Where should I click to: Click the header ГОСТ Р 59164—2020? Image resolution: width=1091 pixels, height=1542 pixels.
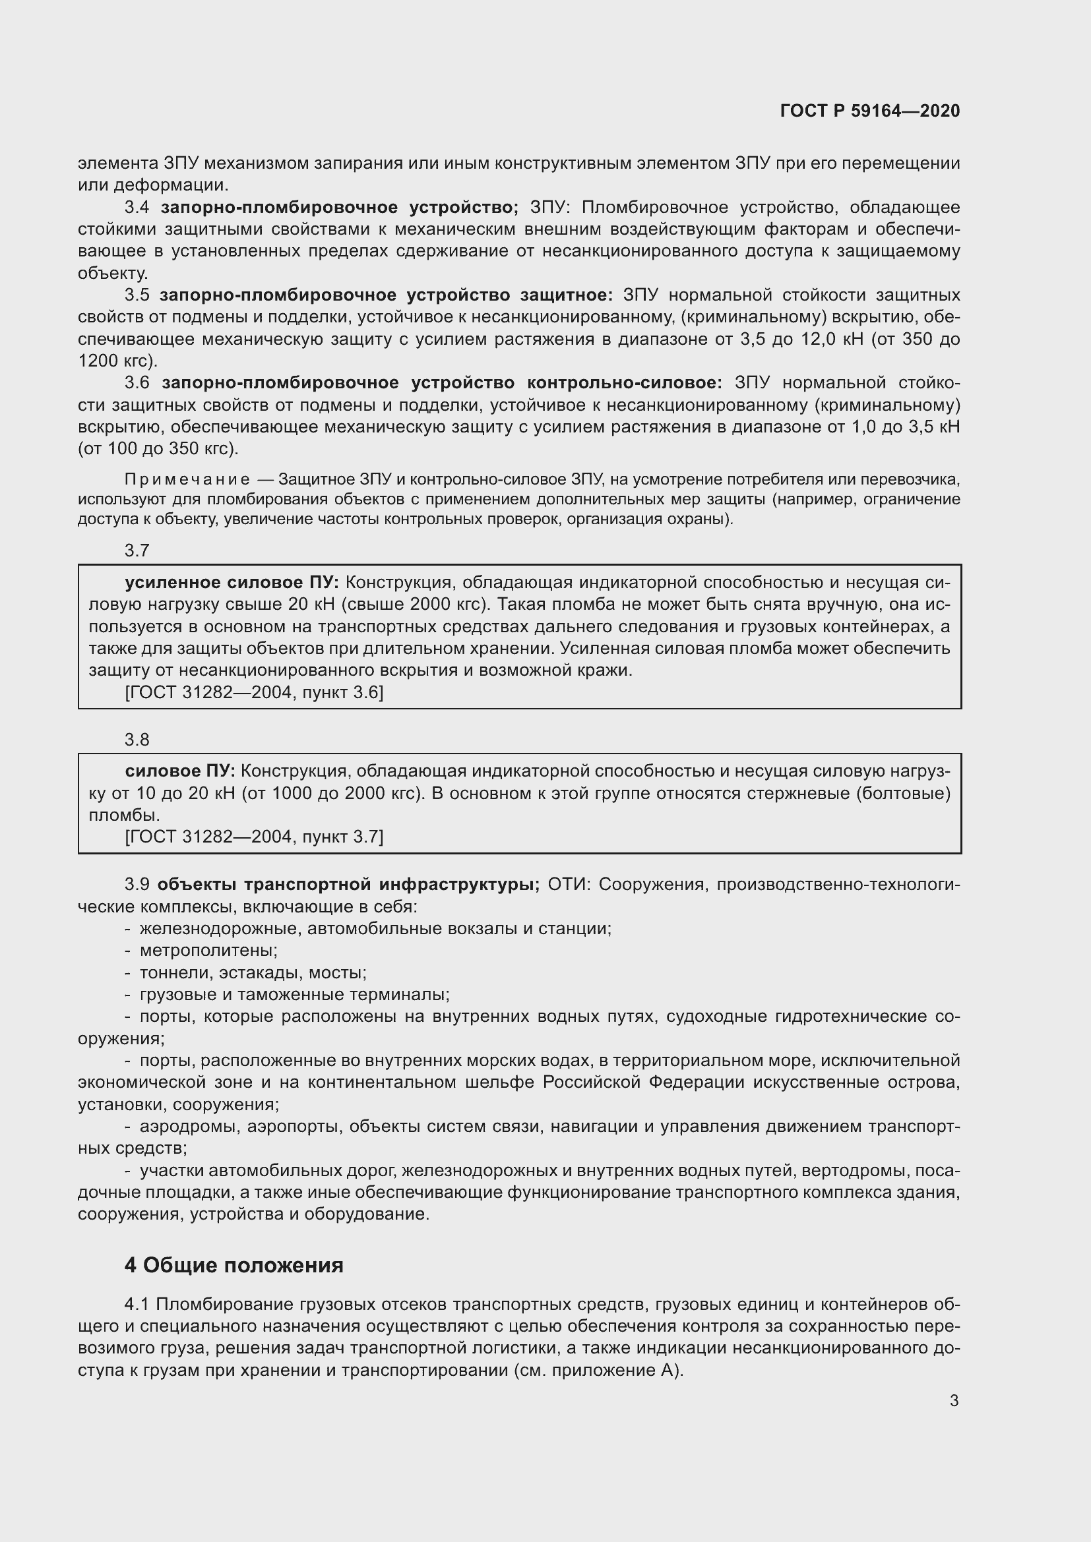[869, 111]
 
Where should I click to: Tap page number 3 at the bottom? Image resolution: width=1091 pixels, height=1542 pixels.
[954, 1400]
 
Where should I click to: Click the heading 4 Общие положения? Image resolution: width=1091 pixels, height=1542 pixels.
[234, 1264]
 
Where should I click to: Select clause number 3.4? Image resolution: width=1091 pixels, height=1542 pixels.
[137, 207]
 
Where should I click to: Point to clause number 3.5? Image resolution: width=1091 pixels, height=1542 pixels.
[137, 295]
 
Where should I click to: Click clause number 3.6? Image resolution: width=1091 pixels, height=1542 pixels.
[137, 383]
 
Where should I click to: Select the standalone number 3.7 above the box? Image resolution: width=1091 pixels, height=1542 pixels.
[137, 550]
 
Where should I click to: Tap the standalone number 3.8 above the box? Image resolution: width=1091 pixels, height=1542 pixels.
[137, 740]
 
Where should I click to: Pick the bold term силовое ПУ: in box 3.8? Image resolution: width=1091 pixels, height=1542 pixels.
[180, 771]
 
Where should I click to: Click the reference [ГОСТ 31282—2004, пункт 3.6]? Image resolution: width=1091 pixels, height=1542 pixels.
[254, 692]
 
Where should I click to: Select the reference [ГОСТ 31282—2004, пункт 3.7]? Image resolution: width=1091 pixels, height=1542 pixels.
[254, 836]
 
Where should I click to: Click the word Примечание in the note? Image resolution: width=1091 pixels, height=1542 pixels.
[187, 479]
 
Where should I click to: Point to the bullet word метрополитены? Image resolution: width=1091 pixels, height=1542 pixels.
[208, 951]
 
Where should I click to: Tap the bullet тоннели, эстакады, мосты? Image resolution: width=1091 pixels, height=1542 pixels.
[253, 972]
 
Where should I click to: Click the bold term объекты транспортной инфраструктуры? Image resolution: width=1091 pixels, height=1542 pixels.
[349, 885]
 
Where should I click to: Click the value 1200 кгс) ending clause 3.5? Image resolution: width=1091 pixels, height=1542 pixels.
[117, 361]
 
